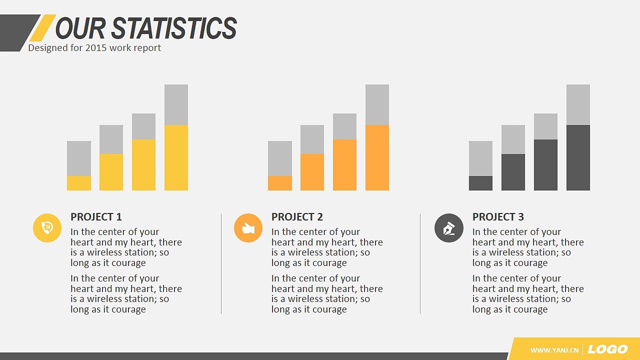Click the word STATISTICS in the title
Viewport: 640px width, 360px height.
click(174, 27)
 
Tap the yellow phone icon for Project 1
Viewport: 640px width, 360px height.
click(47, 228)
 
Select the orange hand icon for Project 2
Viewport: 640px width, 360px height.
click(248, 228)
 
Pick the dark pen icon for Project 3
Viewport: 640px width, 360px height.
click(449, 228)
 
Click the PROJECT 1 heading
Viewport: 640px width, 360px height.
click(96, 217)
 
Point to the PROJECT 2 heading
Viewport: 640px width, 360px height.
click(297, 217)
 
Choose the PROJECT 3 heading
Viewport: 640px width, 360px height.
click(498, 217)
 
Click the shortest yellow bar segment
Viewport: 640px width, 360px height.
click(79, 183)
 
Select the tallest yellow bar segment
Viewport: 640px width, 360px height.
click(176, 157)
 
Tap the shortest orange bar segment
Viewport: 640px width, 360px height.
click(280, 183)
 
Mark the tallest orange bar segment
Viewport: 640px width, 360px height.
click(377, 157)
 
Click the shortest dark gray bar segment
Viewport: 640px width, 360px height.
click(480, 183)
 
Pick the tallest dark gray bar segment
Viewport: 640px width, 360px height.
click(578, 157)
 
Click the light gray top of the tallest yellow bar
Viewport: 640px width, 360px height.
click(176, 105)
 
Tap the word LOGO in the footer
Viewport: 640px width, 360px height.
click(607, 349)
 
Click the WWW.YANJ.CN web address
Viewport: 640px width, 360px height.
click(554, 350)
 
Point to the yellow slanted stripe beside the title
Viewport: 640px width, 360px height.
click(43, 27)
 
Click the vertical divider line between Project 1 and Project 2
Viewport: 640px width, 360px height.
click(221, 263)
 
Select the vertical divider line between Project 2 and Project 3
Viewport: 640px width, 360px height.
click(420, 263)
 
